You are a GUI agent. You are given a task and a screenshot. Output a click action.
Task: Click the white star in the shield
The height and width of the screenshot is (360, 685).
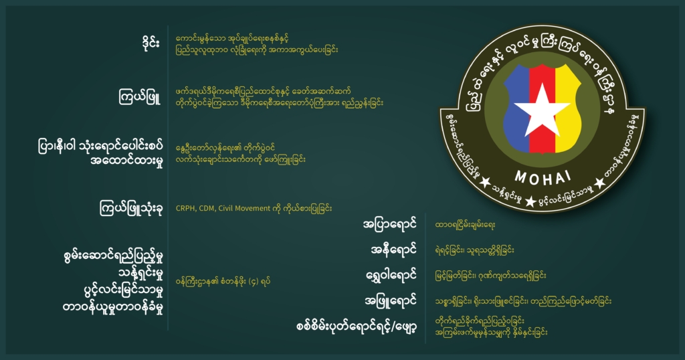click(x=542, y=110)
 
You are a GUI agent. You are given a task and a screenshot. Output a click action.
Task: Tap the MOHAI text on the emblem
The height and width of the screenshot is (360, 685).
click(x=543, y=177)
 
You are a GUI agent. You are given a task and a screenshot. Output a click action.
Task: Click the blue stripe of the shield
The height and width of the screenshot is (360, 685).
click(x=516, y=108)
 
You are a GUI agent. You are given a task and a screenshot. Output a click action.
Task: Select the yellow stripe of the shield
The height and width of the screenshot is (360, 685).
click(x=568, y=108)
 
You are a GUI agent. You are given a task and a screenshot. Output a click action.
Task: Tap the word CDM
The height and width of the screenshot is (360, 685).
click(x=207, y=208)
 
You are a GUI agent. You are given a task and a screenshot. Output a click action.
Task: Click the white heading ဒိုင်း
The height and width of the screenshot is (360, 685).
click(x=151, y=43)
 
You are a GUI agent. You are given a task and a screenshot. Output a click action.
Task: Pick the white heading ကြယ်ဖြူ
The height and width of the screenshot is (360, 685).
click(x=140, y=96)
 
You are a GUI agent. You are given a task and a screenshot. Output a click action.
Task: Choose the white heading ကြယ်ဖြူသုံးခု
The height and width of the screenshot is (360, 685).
click(x=131, y=208)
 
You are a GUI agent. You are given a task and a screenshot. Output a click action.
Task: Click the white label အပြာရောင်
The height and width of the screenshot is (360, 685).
click(x=389, y=225)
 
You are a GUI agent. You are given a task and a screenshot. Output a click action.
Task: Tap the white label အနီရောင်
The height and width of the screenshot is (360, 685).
click(x=393, y=250)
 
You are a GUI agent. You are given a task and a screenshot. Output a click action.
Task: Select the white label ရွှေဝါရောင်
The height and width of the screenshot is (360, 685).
click(x=391, y=275)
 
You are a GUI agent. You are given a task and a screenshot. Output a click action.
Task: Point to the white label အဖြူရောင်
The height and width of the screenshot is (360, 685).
click(x=390, y=300)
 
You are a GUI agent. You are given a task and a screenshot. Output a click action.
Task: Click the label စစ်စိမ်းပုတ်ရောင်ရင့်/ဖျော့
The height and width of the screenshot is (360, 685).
click(x=356, y=327)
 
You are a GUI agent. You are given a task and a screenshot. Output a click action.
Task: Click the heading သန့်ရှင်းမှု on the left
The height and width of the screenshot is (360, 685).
click(x=140, y=274)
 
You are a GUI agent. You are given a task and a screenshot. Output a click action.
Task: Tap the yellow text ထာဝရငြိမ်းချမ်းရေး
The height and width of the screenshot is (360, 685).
click(x=465, y=225)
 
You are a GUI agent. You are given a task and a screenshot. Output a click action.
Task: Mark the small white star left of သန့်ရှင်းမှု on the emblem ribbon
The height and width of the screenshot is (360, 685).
click(x=485, y=182)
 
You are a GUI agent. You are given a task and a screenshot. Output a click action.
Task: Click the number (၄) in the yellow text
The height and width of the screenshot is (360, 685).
click(x=254, y=282)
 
